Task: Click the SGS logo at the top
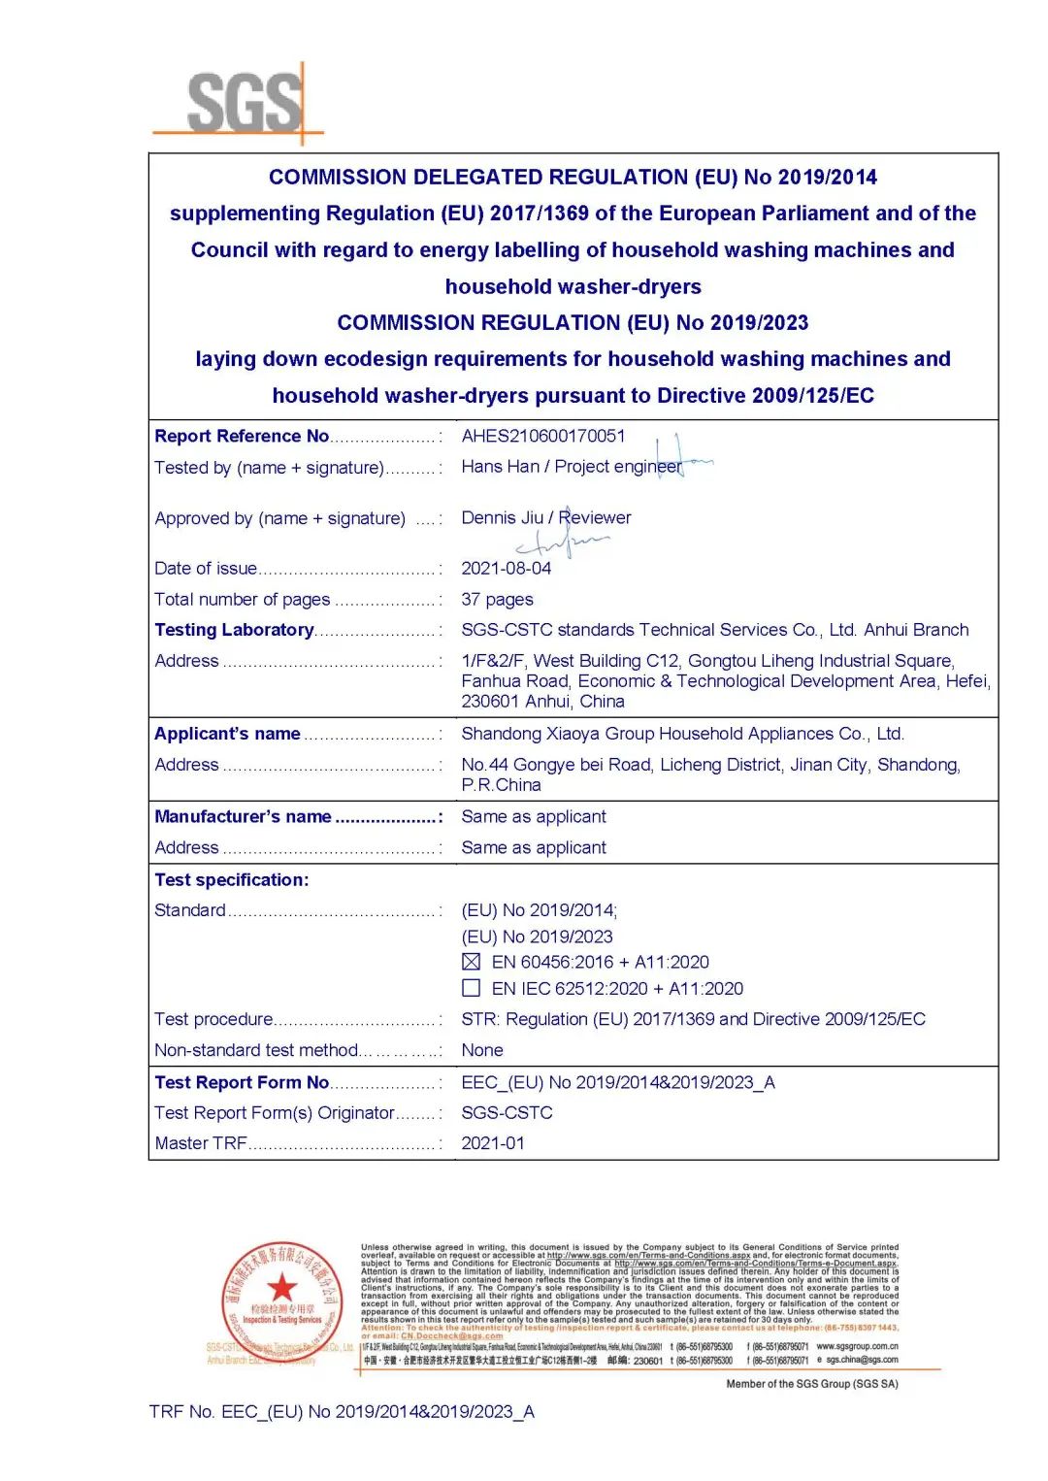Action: pos(245,102)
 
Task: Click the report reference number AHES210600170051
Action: pos(543,437)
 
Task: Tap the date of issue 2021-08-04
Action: pos(506,569)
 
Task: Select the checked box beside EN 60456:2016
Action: pos(472,962)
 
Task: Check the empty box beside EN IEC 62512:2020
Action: pos(472,988)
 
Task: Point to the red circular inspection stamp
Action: pos(282,1297)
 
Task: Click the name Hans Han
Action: pos(500,467)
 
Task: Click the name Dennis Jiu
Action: pos(502,518)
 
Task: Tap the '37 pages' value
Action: pos(497,600)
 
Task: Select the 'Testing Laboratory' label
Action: pos(234,630)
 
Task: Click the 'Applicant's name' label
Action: pos(227,734)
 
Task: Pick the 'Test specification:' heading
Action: pos(231,880)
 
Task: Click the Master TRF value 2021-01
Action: pos(493,1143)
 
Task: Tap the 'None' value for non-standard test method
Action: pos(482,1050)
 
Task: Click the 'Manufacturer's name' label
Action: pos(243,817)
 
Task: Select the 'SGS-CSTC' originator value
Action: pos(507,1113)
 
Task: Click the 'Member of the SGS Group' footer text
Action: pos(812,1384)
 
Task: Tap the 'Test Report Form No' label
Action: pos(242,1083)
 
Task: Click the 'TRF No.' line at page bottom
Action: pos(342,1412)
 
